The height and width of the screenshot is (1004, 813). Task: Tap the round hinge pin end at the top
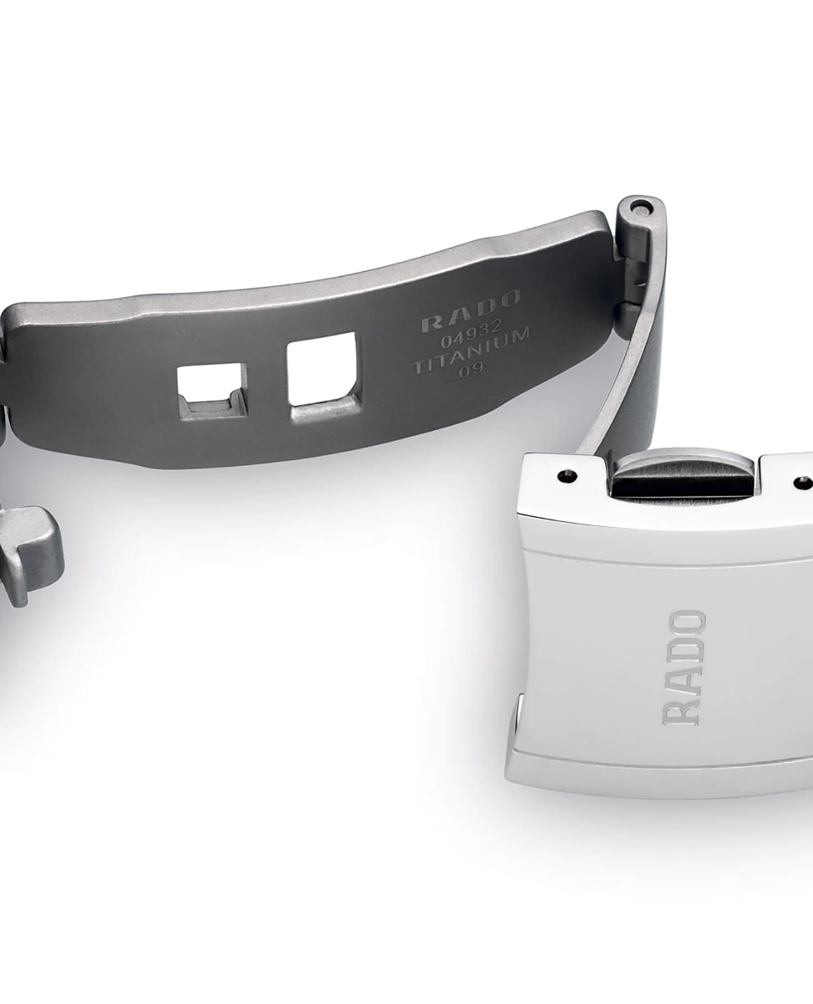pyautogui.click(x=644, y=208)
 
